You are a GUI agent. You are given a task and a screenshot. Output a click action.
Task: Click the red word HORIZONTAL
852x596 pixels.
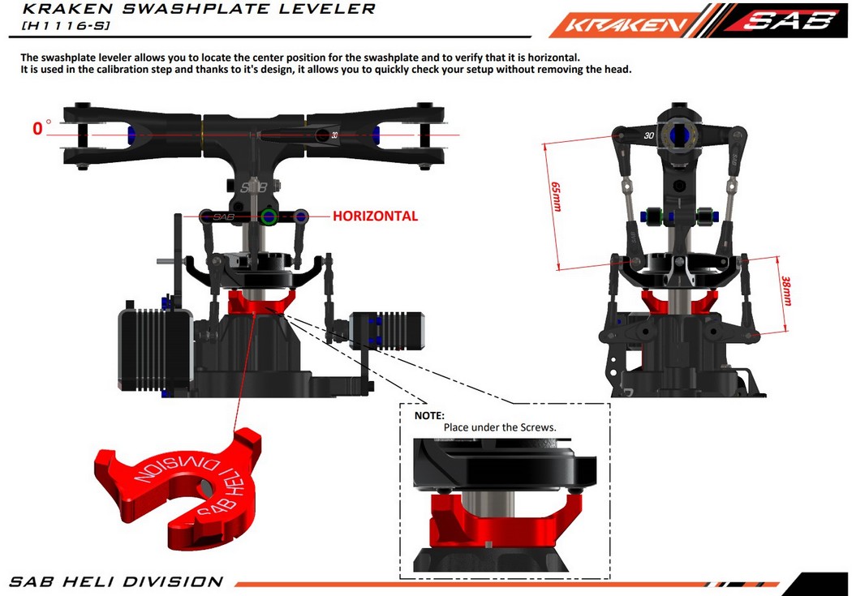coord(375,217)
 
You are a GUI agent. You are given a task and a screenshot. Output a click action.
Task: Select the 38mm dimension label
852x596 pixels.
coord(785,289)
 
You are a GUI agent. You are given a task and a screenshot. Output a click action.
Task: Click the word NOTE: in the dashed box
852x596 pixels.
coord(429,415)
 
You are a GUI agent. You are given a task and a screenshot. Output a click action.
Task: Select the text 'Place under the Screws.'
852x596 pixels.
coord(499,427)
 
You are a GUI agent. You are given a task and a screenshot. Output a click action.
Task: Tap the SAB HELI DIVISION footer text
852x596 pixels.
coord(116,581)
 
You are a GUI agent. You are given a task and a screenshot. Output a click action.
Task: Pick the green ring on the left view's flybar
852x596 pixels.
coord(269,217)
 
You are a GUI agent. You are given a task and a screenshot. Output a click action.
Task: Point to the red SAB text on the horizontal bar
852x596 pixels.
coord(223,217)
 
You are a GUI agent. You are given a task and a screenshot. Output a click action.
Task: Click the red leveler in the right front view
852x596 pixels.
coord(678,300)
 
